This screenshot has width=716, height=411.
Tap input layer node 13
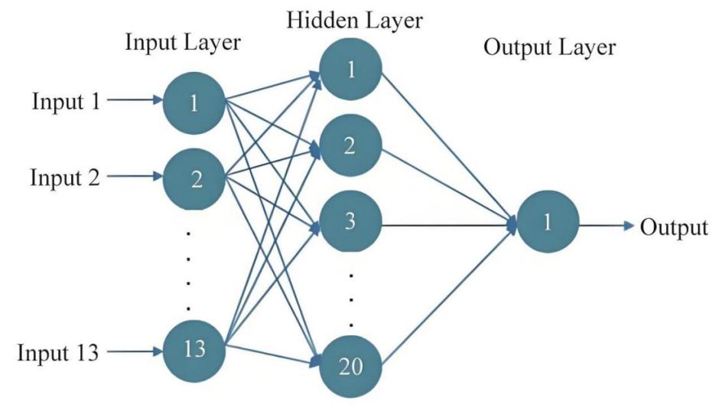coord(194,351)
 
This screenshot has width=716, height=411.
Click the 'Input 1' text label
coord(66,101)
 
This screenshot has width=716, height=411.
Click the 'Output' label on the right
coord(674,227)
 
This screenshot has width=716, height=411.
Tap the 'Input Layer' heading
coord(183,44)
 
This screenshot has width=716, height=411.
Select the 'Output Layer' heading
coord(549,47)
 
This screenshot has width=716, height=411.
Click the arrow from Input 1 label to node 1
coord(135,100)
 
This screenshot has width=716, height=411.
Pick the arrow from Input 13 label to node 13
coord(135,353)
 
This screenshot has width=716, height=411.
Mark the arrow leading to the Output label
coord(607,227)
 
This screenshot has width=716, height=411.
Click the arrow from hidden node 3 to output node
coord(448,226)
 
